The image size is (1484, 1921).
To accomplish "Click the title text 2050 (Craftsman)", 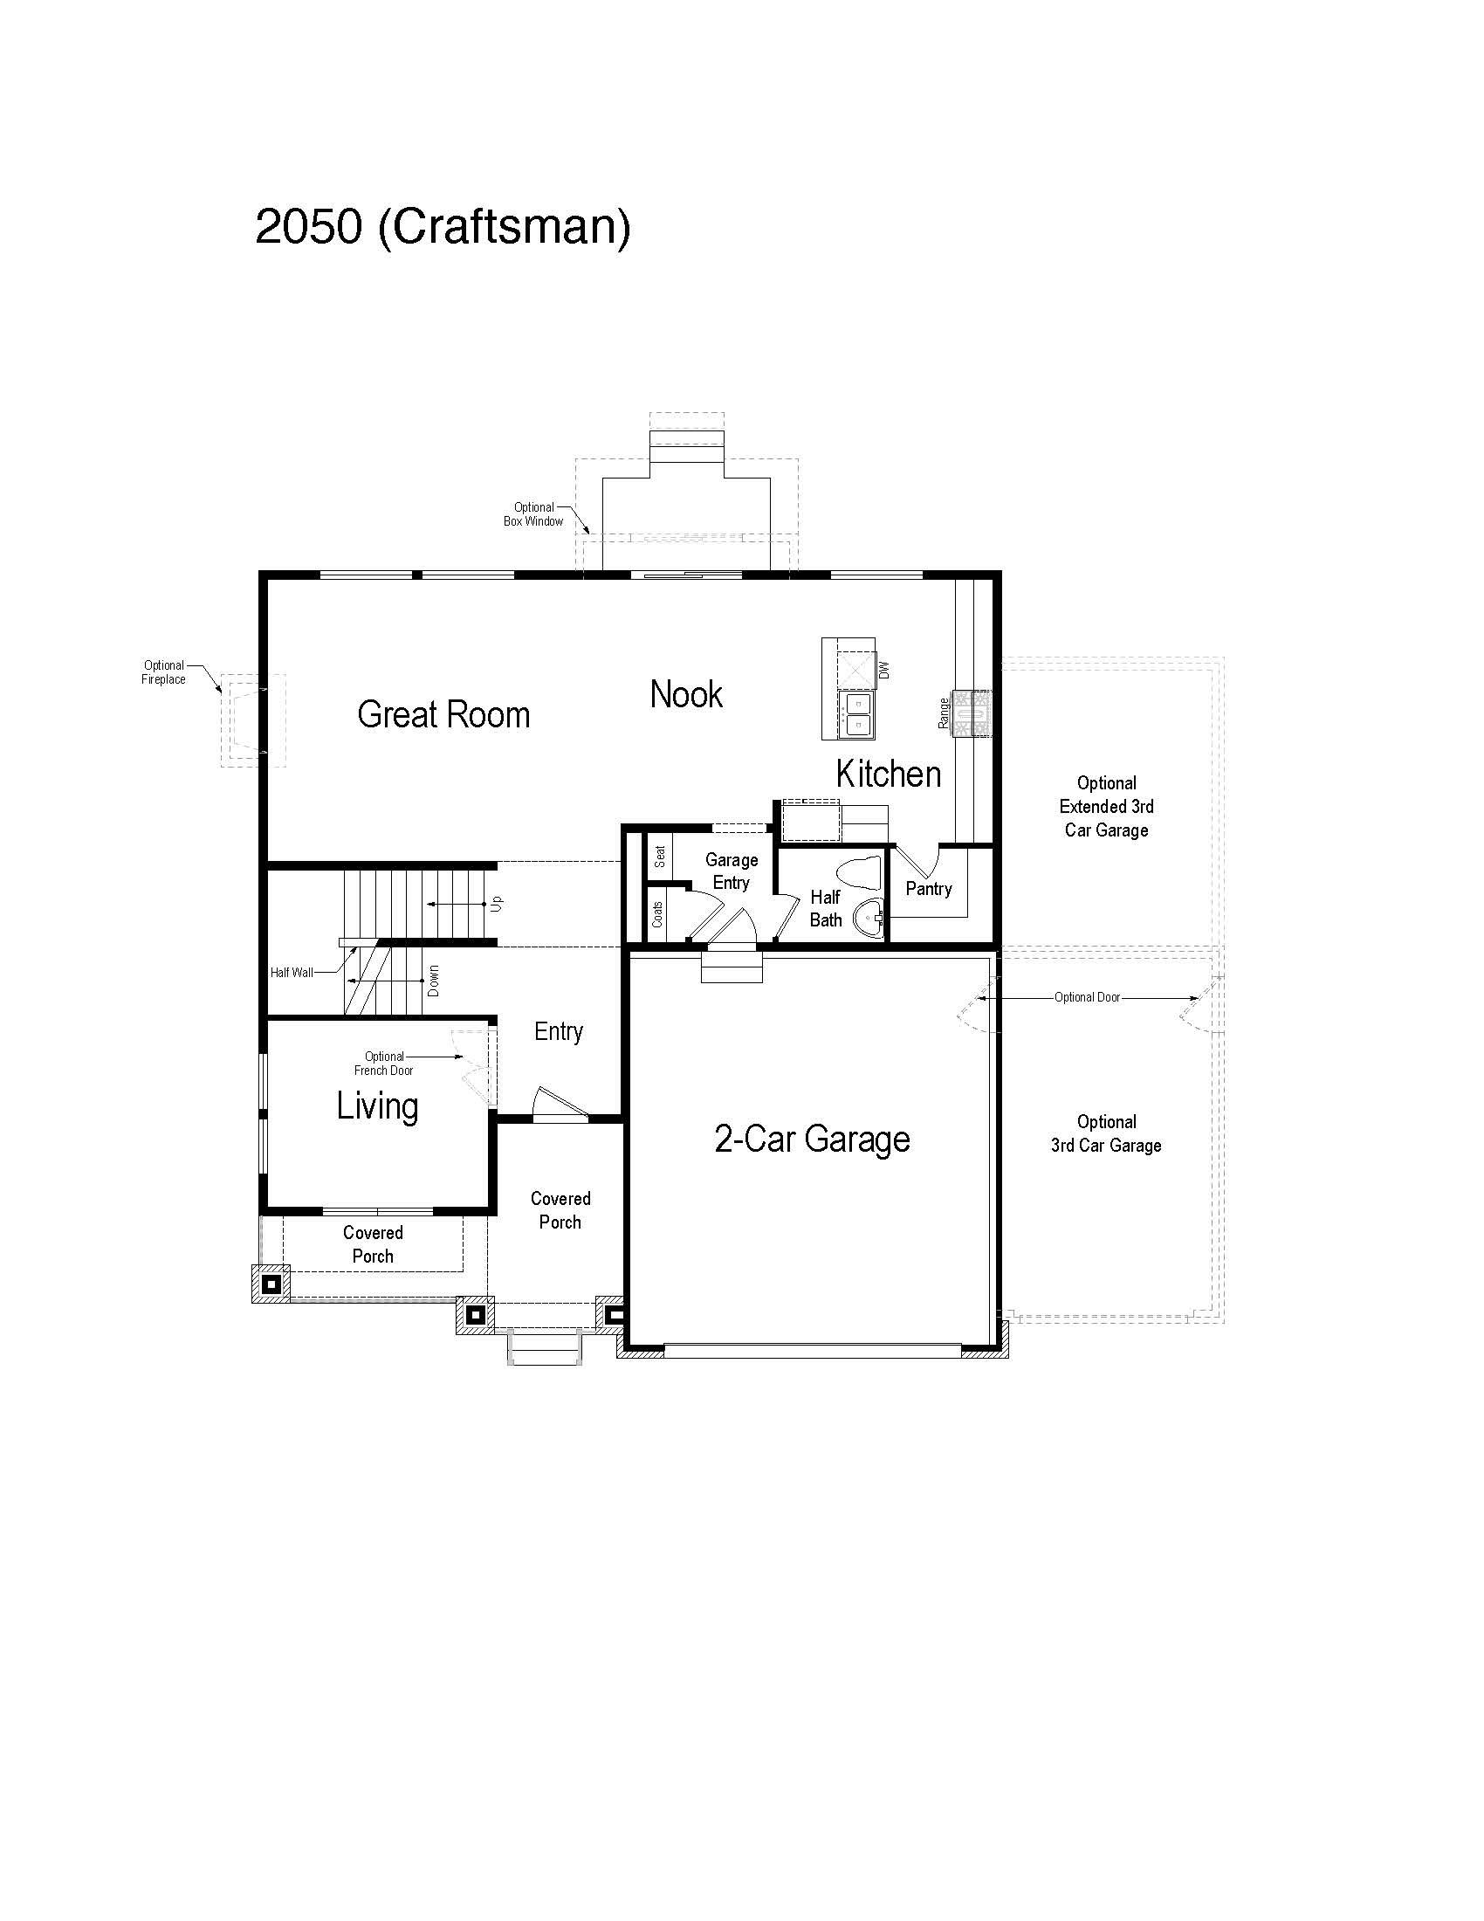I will tap(443, 227).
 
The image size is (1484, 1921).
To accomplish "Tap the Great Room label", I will tap(443, 714).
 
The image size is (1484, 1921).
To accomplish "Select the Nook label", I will tap(686, 695).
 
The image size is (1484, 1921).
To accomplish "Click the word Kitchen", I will tap(888, 774).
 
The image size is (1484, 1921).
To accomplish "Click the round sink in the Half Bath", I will tap(869, 920).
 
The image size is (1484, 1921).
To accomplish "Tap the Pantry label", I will tap(929, 888).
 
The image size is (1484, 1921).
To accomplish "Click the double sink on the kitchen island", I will tap(856, 713).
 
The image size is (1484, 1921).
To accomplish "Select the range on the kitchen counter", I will tap(975, 712).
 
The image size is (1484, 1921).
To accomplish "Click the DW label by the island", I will tap(884, 670).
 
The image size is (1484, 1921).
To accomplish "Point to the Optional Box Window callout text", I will tap(533, 514).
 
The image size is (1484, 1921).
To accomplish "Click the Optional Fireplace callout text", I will tap(163, 672).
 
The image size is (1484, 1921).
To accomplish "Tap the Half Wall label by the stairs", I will tap(291, 973).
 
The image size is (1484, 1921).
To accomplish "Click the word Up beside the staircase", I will tap(497, 904).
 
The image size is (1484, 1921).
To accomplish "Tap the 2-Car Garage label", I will tap(812, 1139).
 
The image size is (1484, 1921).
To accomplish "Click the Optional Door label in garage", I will tap(1088, 997).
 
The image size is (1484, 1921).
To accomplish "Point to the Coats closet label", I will tap(657, 915).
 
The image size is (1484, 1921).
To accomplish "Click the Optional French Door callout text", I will tap(384, 1064).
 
